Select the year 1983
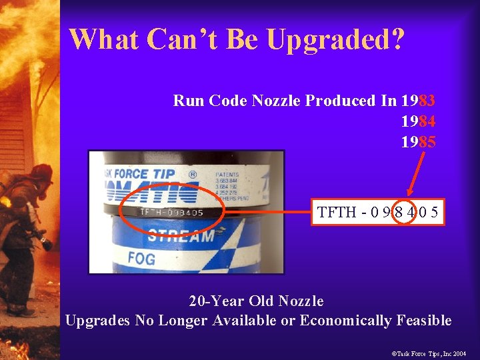click(x=419, y=101)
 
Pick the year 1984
click(x=419, y=122)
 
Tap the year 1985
click(x=419, y=143)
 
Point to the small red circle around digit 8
click(x=398, y=213)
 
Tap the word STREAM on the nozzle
click(x=180, y=235)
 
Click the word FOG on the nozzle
click(x=141, y=258)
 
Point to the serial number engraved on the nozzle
click(x=171, y=213)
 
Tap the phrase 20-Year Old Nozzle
click(x=257, y=301)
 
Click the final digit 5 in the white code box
click(x=433, y=213)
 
